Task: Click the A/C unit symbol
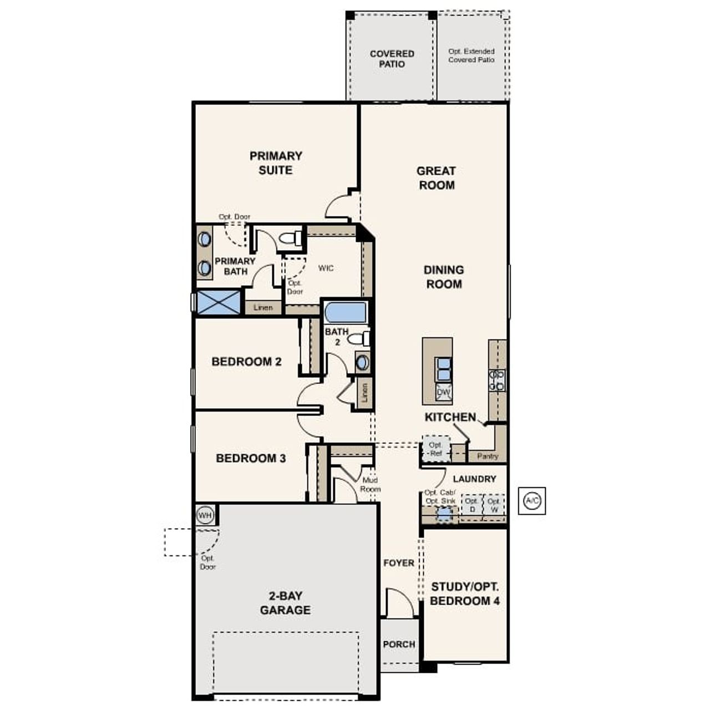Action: [x=532, y=501]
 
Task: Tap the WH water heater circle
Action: [x=205, y=515]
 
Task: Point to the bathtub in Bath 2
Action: [x=346, y=312]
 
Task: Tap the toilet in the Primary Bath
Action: [x=290, y=239]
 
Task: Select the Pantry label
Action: [x=488, y=457]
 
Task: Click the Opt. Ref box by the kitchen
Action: [x=436, y=449]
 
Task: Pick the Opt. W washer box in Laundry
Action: [x=494, y=505]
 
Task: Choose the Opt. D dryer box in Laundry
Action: [x=471, y=505]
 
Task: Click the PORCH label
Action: [x=399, y=644]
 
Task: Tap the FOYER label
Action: [x=399, y=563]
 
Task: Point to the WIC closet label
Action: [x=326, y=268]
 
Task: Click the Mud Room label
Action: [x=370, y=485]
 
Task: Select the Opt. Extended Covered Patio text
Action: [x=471, y=55]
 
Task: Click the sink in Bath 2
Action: [x=362, y=362]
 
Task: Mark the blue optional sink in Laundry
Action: [x=443, y=514]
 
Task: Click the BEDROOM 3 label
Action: [x=251, y=458]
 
